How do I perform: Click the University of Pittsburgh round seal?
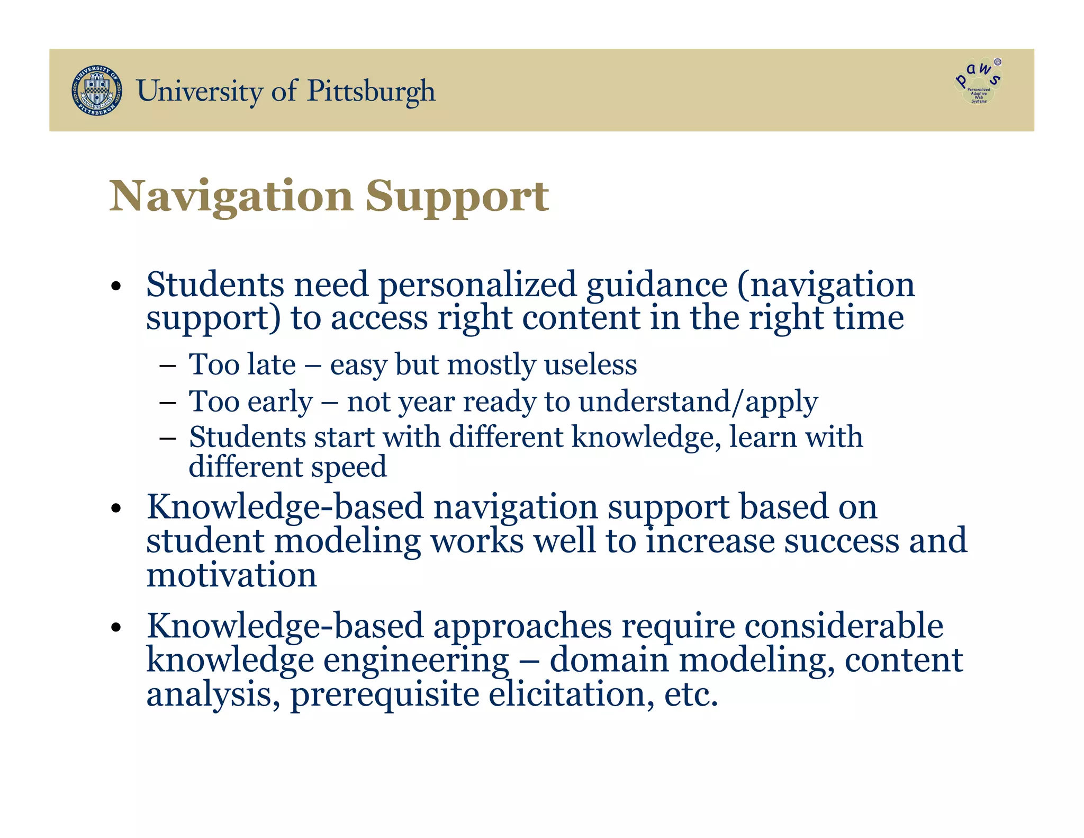pyautogui.click(x=96, y=91)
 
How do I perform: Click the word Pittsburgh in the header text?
pyautogui.click(x=371, y=91)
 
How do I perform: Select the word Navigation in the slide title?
pyautogui.click(x=231, y=197)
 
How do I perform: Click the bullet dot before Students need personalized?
pyautogui.click(x=116, y=287)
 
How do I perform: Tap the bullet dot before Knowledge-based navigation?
pyautogui.click(x=116, y=509)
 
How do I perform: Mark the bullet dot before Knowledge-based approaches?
pyautogui.click(x=116, y=628)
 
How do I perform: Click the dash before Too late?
pyautogui.click(x=167, y=365)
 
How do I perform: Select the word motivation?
pyautogui.click(x=231, y=576)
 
